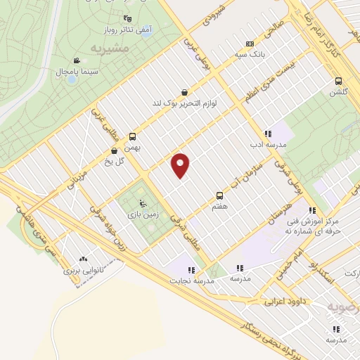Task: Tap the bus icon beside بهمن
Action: pos(133,137)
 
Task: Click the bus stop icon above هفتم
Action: pos(219,195)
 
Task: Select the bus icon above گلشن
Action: pos(339,80)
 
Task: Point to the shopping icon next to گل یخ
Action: pos(114,150)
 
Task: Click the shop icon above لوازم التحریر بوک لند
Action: pos(184,92)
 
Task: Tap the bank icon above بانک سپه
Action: pos(250,44)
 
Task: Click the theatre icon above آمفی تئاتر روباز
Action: pos(127,19)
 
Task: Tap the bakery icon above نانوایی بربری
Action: pos(84,259)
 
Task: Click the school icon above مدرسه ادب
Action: pos(268,133)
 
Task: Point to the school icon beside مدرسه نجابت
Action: pos(190,269)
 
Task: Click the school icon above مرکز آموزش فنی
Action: pos(311,210)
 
